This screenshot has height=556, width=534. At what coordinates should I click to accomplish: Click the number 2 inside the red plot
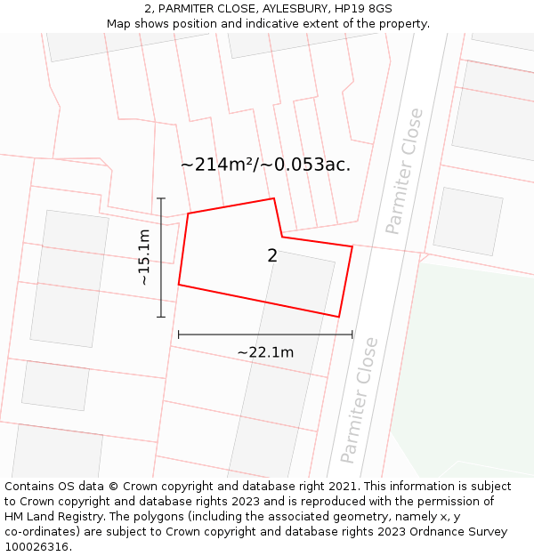click(272, 256)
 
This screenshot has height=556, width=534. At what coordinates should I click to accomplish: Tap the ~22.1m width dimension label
click(265, 352)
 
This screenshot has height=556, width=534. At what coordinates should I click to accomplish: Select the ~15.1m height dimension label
click(144, 257)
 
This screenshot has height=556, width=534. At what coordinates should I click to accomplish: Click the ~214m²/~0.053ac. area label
click(265, 165)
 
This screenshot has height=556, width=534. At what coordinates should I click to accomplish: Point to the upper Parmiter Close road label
click(405, 171)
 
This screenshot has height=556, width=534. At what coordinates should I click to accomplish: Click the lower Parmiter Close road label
click(360, 399)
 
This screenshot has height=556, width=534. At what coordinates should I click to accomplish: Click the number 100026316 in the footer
click(36, 546)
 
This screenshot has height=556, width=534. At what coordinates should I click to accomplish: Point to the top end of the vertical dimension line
click(161, 198)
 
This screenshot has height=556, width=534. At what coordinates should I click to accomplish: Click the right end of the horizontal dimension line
click(352, 334)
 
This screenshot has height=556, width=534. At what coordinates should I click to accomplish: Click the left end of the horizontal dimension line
click(179, 334)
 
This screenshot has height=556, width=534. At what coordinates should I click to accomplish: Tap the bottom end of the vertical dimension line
click(161, 317)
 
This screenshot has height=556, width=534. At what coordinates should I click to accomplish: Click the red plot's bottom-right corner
click(338, 316)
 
